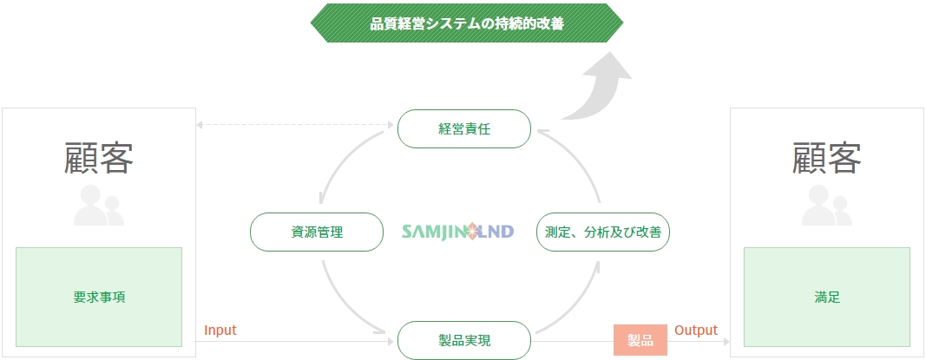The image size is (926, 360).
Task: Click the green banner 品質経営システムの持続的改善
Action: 467,23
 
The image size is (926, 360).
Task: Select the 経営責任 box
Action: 464,128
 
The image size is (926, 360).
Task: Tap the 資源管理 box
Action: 317,232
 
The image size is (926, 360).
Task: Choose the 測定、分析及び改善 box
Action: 603,232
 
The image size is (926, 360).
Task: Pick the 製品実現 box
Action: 464,341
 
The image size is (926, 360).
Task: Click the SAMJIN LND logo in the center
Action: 457,232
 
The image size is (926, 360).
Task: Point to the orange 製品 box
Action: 640,341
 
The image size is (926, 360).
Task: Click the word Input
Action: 220,330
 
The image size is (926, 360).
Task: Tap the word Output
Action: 696,330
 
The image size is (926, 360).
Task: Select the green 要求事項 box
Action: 99,297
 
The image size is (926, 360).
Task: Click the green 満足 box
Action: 827,297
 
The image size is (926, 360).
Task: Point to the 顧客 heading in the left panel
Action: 99,158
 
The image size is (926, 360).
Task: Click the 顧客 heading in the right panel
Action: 827,158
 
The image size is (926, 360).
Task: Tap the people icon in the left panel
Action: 99,206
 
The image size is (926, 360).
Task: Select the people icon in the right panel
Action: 827,206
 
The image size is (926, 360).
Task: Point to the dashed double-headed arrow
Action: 295,125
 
